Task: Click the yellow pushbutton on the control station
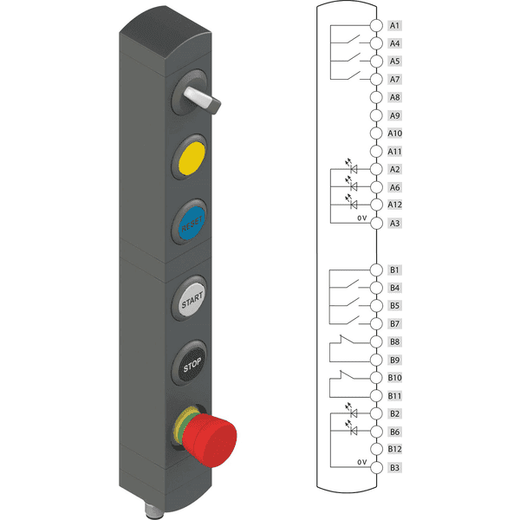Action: [192, 158]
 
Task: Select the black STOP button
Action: [192, 364]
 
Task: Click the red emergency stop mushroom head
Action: [211, 439]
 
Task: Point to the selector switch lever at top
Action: [202, 100]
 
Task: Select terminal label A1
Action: [394, 25]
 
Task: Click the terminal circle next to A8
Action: [376, 97]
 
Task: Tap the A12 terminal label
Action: [394, 205]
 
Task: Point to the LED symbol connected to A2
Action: [352, 166]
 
